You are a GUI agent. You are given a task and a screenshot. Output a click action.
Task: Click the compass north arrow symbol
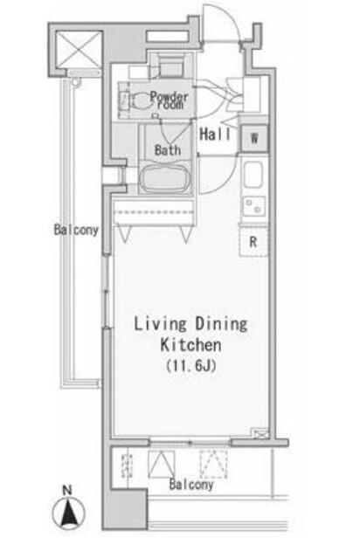[x=69, y=513]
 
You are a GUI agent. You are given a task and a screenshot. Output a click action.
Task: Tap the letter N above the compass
[x=67, y=490]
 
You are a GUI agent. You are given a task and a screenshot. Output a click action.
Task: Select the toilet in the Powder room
[x=141, y=100]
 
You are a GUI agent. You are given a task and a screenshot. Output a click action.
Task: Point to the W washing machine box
[x=254, y=138]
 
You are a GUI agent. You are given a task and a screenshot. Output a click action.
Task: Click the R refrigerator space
[x=253, y=242]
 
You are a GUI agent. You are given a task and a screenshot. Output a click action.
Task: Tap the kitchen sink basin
[x=253, y=175]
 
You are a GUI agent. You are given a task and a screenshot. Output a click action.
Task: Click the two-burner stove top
[x=254, y=207]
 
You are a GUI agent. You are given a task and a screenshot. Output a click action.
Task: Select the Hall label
[x=215, y=135]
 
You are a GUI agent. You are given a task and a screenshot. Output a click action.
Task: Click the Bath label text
[x=168, y=150]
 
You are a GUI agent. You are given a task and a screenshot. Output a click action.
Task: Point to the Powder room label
[x=170, y=100]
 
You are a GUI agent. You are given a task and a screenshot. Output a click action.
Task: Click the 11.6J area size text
[x=191, y=366]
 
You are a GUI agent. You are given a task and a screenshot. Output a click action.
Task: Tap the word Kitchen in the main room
[x=190, y=345]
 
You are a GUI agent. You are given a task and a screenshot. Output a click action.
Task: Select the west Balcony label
[x=76, y=230]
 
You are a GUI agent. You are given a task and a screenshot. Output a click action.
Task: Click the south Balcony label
[x=191, y=484]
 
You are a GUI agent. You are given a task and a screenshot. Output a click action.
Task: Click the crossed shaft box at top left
[x=80, y=49]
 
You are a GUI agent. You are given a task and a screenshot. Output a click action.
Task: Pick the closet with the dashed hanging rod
[x=154, y=212]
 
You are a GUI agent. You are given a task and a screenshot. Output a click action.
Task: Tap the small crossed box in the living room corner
[x=260, y=433]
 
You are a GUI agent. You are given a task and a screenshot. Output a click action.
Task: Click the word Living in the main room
[x=160, y=324]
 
